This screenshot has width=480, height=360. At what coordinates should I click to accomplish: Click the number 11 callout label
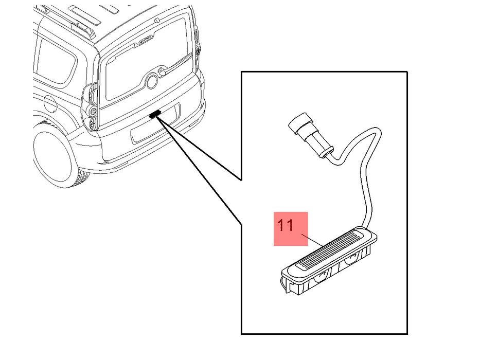pos(285,225)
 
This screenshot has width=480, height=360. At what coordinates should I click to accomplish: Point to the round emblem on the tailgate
pos(152,81)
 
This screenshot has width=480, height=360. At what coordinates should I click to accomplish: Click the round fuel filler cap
pos(50,103)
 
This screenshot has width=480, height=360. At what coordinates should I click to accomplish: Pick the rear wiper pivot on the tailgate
pos(162,71)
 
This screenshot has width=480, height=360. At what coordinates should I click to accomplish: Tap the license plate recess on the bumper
pos(154,124)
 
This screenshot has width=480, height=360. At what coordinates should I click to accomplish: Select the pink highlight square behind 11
pos(291,229)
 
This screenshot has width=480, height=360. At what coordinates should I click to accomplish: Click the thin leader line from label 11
pos(312,240)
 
